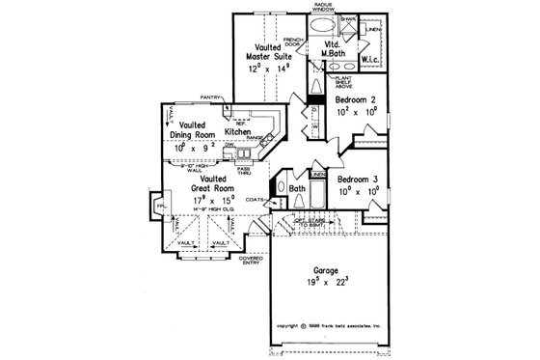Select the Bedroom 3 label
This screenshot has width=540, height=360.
(357, 180)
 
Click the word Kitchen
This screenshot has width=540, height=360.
(239, 131)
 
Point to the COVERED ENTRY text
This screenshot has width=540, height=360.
(251, 260)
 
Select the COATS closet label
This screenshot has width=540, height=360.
(255, 200)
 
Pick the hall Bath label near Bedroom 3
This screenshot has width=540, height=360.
(297, 190)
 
